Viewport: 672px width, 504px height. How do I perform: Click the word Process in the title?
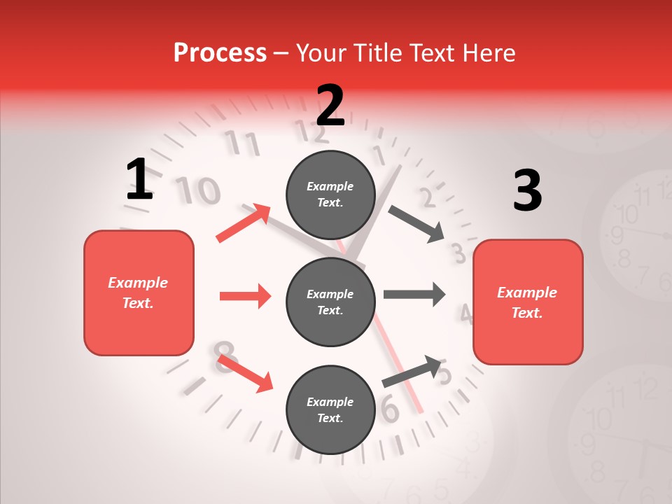(x=220, y=52)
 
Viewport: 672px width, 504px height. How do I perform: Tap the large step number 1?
(x=139, y=179)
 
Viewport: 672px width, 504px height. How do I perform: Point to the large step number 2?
(x=330, y=106)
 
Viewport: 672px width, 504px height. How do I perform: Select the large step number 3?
(x=527, y=191)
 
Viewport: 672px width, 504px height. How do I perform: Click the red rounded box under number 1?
(x=139, y=293)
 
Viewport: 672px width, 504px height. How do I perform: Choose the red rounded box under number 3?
(x=528, y=302)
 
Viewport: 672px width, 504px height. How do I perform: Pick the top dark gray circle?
(x=330, y=195)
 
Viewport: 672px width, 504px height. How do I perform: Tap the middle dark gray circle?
(x=330, y=302)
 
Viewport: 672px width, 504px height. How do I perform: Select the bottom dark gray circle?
(x=330, y=409)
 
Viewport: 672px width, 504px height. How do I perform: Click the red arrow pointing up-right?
(x=244, y=223)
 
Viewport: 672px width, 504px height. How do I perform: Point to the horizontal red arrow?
(x=245, y=296)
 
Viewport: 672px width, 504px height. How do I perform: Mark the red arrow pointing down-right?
(x=245, y=373)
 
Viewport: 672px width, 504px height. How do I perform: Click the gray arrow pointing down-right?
(x=416, y=224)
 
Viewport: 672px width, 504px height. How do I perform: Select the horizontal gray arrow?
(x=414, y=294)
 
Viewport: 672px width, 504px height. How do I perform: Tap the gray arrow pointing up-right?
(x=412, y=371)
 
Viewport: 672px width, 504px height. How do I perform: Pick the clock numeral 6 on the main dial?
(x=390, y=410)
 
